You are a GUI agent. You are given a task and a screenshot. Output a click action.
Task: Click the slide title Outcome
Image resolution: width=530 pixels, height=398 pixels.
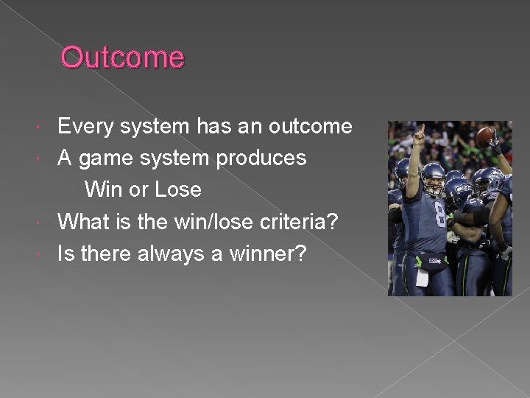point(122,57)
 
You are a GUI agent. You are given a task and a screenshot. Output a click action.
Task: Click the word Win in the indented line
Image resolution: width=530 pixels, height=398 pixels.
point(105,189)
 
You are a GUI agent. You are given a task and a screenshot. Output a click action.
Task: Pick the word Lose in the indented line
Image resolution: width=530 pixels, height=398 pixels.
point(177,189)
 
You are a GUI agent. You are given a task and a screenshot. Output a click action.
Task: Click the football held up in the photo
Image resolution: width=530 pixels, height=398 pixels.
point(485,137)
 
